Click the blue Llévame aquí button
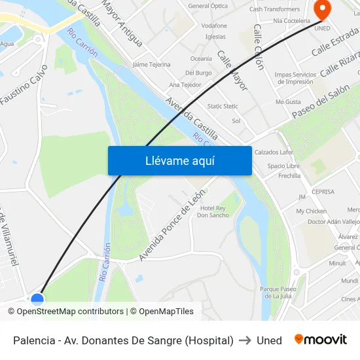coord(179,160)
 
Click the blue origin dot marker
coord(37,300)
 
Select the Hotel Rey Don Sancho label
coord(213,211)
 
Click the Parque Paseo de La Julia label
coord(278,292)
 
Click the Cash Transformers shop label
coord(274,9)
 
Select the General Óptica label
coord(207,6)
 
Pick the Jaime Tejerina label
coord(151,65)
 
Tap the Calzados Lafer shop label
coord(274,153)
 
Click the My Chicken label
coord(311,211)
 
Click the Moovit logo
coord(320,340)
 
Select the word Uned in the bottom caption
coord(269,340)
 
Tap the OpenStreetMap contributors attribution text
coord(70,312)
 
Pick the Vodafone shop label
coord(214,26)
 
